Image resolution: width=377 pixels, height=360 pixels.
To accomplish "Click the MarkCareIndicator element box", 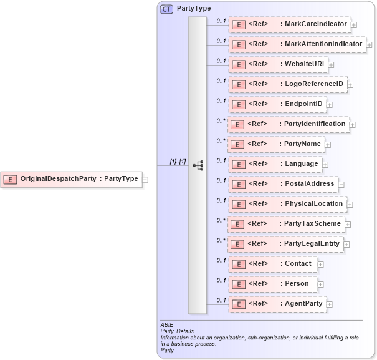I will pos(289,25).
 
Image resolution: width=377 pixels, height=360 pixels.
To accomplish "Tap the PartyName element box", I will pos(276,144).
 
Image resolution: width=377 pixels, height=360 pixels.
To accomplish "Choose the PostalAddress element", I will pos(284,184).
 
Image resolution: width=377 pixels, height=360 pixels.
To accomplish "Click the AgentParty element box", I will pos(277,304).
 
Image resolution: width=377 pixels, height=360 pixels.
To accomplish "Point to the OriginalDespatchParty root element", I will pos(71,179).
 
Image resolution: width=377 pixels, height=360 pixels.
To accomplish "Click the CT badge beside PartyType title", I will pos(167,9).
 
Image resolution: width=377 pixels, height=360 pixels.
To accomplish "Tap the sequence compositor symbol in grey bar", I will pos(198,165).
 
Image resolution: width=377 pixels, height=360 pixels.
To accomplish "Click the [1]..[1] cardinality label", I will pos(178,162).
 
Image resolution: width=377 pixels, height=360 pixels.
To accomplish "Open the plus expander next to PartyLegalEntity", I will pos(346,245).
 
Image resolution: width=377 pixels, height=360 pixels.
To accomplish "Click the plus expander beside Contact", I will pos(320,264).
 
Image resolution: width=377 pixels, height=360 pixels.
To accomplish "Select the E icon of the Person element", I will pos(237,284).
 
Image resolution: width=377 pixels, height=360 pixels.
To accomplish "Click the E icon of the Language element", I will pos(237,164).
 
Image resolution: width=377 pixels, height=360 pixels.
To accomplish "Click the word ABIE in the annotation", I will pos(167,326).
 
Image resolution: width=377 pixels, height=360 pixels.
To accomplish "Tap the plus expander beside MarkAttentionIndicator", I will pos(369,45).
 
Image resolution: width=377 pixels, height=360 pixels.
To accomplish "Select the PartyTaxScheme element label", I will pos(312,223).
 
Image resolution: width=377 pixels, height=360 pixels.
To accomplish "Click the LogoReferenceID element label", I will pos(312,84).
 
